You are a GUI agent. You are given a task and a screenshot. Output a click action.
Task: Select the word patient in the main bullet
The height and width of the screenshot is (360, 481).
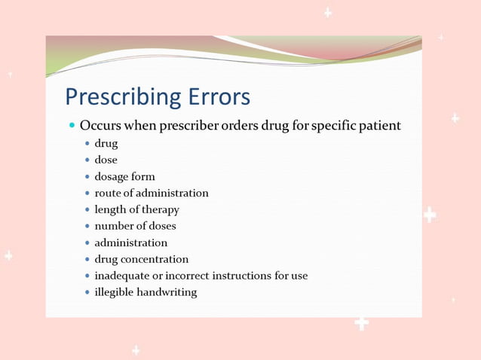(379, 125)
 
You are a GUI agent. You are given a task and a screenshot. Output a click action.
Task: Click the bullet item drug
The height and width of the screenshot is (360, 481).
(106, 143)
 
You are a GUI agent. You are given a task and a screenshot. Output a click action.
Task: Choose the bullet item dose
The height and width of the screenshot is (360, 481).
(106, 160)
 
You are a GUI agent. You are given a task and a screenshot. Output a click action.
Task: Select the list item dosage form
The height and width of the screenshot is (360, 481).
(124, 176)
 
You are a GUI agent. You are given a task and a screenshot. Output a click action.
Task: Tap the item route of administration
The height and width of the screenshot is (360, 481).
(151, 193)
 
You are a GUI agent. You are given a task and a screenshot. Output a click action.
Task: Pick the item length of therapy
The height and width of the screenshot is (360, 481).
(136, 209)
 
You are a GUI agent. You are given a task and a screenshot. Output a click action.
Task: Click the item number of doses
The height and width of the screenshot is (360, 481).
(135, 226)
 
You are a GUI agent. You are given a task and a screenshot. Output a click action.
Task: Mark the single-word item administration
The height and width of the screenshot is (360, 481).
(130, 243)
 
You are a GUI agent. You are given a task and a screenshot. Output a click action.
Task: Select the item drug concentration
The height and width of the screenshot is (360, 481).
(141, 259)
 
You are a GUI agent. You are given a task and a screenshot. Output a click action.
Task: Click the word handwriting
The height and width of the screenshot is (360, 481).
(167, 292)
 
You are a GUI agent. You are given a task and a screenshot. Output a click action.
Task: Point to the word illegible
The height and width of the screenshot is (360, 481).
(114, 292)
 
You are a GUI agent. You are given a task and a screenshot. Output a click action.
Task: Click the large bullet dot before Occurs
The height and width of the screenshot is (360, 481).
(72, 125)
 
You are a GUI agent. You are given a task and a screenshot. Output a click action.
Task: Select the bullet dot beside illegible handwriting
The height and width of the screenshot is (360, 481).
(87, 292)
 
